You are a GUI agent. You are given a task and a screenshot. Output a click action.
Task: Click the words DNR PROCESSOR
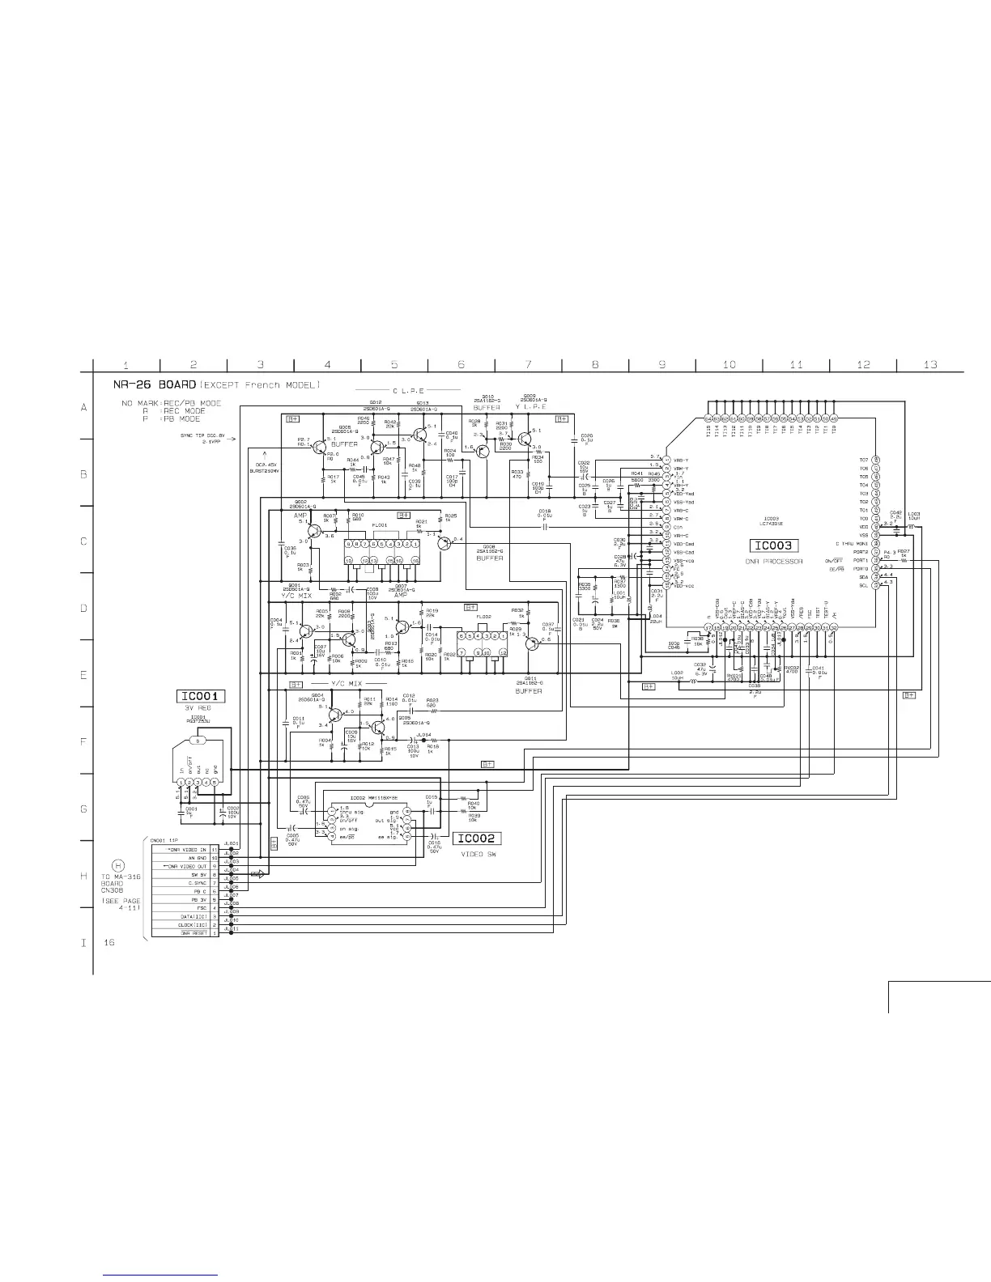(774, 562)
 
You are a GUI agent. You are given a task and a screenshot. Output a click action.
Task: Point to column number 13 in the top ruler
(930, 364)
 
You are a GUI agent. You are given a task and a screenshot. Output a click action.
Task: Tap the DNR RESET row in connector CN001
(184, 933)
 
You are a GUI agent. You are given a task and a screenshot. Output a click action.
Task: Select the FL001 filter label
(379, 525)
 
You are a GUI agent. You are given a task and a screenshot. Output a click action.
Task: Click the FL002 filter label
(484, 617)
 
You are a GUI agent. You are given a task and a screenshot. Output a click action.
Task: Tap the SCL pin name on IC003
(864, 585)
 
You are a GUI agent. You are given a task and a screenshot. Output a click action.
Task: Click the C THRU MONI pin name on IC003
(852, 544)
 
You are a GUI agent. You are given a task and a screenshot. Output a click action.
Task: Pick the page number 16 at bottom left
(109, 944)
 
